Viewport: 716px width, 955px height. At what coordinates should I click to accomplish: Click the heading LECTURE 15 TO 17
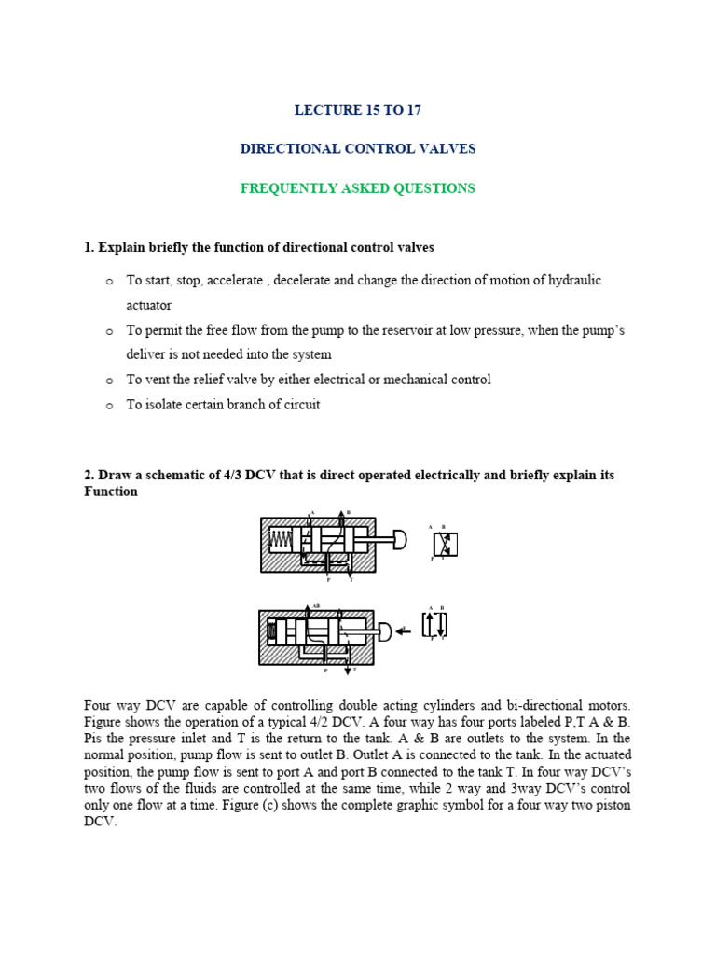[358, 110]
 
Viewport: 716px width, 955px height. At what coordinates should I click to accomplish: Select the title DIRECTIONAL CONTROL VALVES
[358, 149]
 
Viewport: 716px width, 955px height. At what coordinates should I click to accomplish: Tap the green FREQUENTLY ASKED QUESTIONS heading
[358, 188]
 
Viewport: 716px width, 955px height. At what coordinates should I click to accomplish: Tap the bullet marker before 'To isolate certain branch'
[108, 406]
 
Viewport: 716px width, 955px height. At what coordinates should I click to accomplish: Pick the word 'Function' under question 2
[111, 491]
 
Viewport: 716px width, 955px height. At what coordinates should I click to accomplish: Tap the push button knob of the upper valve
[400, 540]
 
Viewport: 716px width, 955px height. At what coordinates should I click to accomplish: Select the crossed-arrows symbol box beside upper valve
[445, 545]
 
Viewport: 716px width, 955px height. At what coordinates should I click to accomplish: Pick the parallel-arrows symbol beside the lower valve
[435, 625]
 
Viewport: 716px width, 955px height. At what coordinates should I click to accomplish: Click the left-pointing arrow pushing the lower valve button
[403, 631]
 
